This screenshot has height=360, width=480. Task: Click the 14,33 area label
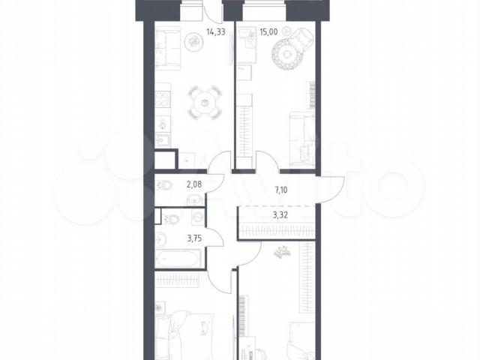[x=216, y=31]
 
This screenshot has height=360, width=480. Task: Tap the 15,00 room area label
[x=268, y=31]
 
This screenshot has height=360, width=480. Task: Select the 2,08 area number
[x=194, y=184]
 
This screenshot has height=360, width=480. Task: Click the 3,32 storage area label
[x=280, y=215]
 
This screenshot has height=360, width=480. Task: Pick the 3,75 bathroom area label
[x=194, y=238]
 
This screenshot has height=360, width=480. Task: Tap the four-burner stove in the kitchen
[x=163, y=100]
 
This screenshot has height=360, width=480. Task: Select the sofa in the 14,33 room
[x=167, y=46]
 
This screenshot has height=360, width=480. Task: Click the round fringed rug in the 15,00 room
[x=286, y=54]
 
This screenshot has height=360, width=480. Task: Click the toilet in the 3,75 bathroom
[x=170, y=219]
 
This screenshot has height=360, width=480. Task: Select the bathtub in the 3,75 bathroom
[x=178, y=259]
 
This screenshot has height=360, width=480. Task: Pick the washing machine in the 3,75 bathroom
[x=199, y=217]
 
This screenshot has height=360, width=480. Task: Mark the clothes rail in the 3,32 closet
[x=277, y=230]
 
